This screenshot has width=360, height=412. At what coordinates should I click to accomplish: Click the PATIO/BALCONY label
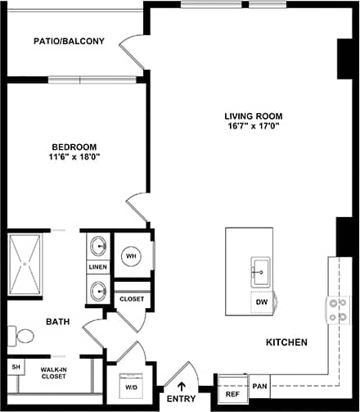tap(69, 41)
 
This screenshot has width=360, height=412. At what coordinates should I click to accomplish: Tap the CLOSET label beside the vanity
tap(132, 299)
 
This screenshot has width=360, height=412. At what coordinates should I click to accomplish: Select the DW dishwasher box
tap(262, 302)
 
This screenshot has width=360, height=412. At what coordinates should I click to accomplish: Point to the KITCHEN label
tap(286, 342)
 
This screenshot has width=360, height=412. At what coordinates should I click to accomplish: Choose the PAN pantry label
tap(259, 385)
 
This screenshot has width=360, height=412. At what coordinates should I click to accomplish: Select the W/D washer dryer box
tap(131, 387)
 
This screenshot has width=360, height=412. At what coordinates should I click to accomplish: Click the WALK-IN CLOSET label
tap(55, 374)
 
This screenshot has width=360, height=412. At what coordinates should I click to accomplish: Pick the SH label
tap(15, 368)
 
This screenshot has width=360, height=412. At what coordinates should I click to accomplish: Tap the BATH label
tap(56, 322)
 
